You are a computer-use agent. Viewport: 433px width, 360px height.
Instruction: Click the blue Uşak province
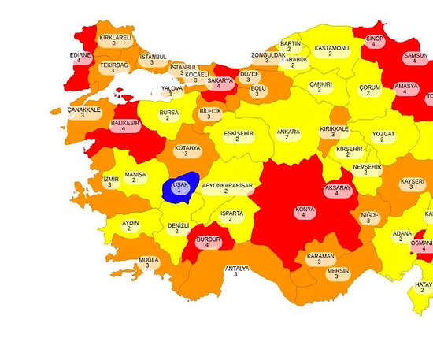click(x=179, y=187)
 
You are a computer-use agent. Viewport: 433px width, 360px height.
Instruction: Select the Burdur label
click(x=207, y=241)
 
